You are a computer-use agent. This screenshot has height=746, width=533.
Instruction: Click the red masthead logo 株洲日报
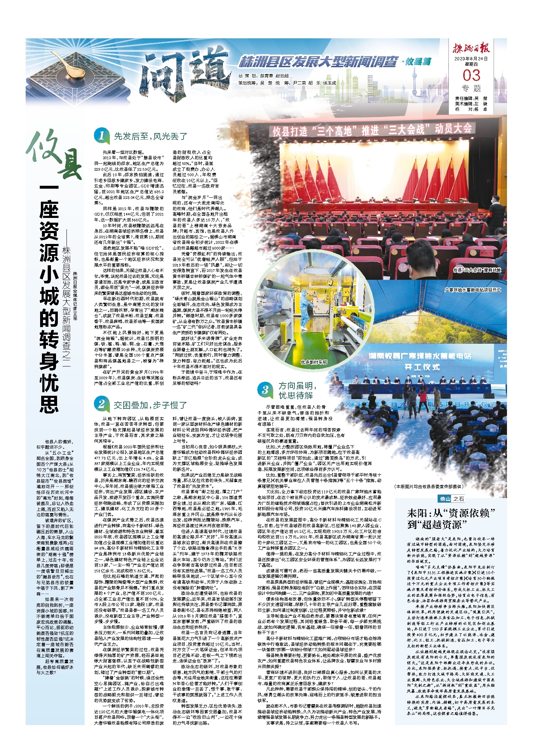coord(471,48)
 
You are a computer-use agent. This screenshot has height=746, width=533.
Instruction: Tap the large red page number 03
coord(471,75)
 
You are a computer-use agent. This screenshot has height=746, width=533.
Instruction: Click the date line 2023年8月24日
coord(471,59)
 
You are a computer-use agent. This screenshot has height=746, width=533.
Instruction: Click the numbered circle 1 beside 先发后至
coord(101,136)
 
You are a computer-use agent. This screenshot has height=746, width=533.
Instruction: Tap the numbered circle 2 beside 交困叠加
coord(101,404)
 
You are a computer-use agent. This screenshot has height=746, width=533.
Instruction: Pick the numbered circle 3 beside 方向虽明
coord(265,390)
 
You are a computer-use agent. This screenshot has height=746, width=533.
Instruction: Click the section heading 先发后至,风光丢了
coord(151,136)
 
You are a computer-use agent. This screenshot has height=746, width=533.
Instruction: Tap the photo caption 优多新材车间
coord(314,362)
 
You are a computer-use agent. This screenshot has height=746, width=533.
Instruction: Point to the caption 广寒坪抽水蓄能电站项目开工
coord(472,290)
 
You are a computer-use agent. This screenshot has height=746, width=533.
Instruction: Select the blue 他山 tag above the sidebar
coord(445,499)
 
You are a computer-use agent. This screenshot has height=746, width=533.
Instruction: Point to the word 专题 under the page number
coord(471,88)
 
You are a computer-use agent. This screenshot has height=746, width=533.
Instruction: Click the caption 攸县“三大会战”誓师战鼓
coord(477,270)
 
